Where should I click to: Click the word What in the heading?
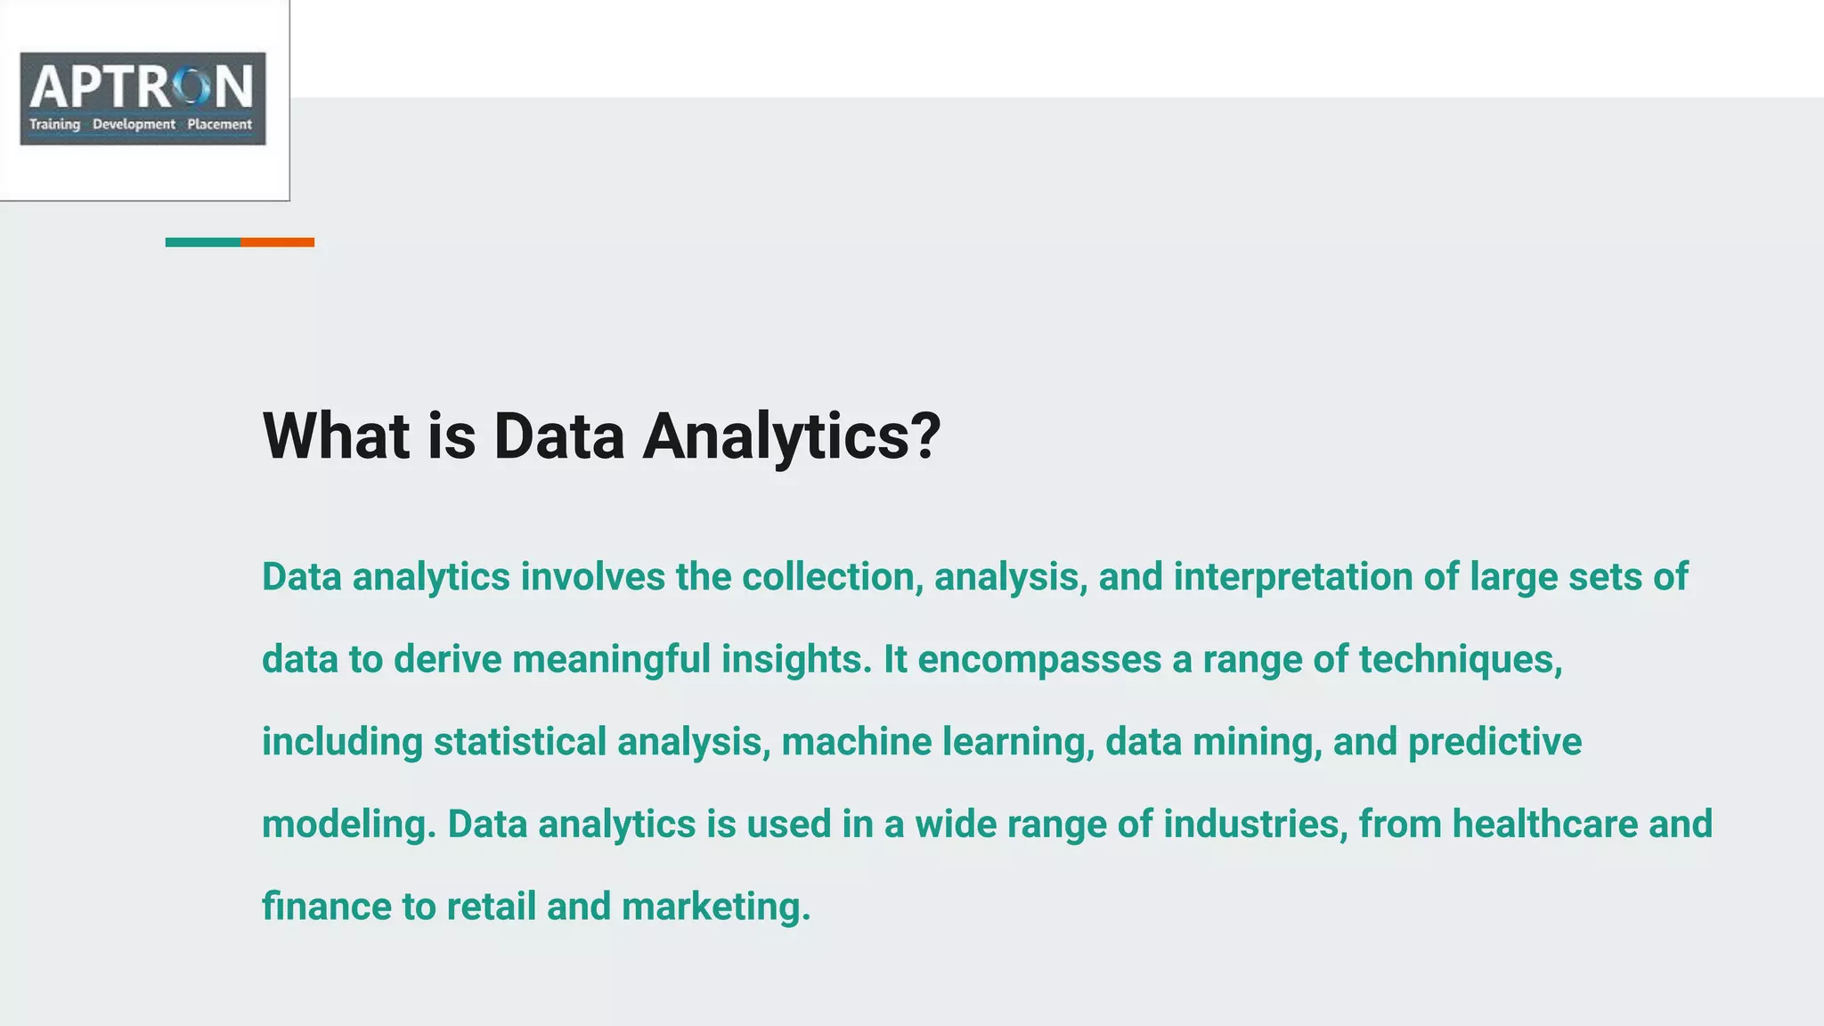(x=336, y=436)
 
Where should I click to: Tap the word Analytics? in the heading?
(x=791, y=436)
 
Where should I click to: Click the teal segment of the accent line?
(x=203, y=242)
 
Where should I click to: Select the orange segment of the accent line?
(x=277, y=242)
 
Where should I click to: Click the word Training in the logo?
(x=54, y=125)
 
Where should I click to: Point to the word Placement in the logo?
(x=219, y=125)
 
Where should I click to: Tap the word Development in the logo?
(x=134, y=125)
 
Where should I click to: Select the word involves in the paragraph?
(x=592, y=577)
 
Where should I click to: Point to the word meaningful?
(x=611, y=660)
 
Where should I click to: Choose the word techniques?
(x=1460, y=660)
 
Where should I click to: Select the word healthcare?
(x=1544, y=825)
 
